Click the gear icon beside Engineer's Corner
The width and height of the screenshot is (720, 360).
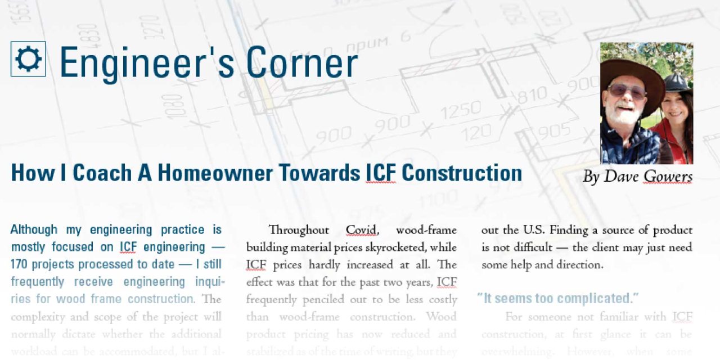[x=28, y=59]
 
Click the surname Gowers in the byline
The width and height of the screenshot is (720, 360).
[x=668, y=177]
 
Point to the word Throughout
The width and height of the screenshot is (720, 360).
[x=299, y=230]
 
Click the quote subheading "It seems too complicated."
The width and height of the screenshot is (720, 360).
[x=558, y=298]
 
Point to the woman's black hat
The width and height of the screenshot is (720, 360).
[x=677, y=84]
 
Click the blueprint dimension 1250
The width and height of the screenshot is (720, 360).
[x=461, y=111]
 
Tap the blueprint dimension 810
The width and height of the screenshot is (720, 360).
[x=532, y=96]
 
